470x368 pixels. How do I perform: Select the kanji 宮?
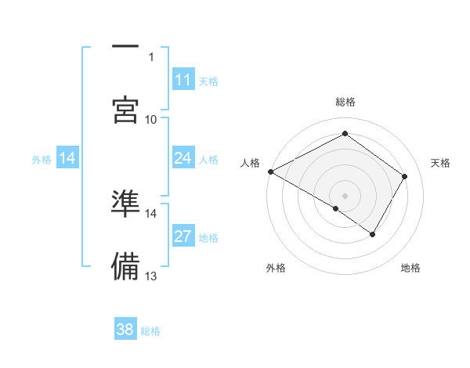click(125, 110)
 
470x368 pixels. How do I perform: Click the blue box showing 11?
click(183, 80)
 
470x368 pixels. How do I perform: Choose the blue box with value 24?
click(183, 159)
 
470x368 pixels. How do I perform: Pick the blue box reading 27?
click(183, 236)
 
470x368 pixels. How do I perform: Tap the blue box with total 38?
click(125, 330)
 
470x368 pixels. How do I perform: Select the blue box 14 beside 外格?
click(67, 159)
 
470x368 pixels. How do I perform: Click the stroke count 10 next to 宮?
click(151, 119)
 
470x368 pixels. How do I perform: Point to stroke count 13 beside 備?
click(151, 276)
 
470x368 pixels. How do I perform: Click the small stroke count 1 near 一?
click(151, 56)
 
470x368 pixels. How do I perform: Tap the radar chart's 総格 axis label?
click(345, 102)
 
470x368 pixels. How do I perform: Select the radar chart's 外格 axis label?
click(276, 268)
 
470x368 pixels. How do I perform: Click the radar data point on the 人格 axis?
click(270, 171)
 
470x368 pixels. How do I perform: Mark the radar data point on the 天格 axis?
click(405, 176)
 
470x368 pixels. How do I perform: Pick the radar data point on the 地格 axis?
click(373, 234)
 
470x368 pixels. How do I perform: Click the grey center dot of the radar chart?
click(345, 195)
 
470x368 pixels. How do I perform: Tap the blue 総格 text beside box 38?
click(150, 331)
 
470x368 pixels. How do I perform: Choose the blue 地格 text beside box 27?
click(208, 238)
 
